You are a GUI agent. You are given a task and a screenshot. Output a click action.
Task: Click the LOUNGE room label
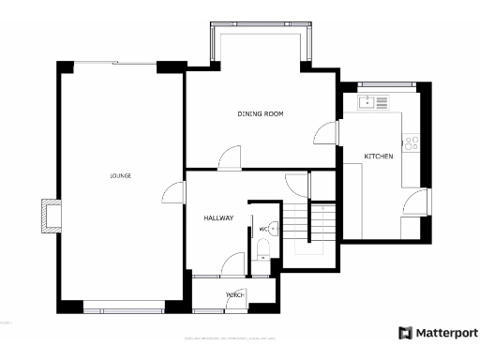[x=120, y=175]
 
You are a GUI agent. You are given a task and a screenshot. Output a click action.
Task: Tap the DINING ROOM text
[x=260, y=113]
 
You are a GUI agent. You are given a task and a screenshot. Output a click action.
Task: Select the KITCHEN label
[x=379, y=155]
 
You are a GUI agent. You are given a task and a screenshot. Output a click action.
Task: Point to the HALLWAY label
[x=218, y=218]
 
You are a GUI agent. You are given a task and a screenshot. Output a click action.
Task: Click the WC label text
[x=263, y=228]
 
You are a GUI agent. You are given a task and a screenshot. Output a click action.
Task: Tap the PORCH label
[x=234, y=295]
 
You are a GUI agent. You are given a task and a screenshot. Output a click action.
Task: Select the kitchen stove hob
[x=410, y=142]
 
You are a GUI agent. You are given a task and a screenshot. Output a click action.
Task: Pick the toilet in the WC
[x=264, y=247]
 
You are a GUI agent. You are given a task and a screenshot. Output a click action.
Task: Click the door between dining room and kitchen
[x=324, y=134]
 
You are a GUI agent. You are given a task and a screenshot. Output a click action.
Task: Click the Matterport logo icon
[x=405, y=333]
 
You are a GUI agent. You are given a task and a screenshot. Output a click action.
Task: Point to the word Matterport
[x=446, y=333]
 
